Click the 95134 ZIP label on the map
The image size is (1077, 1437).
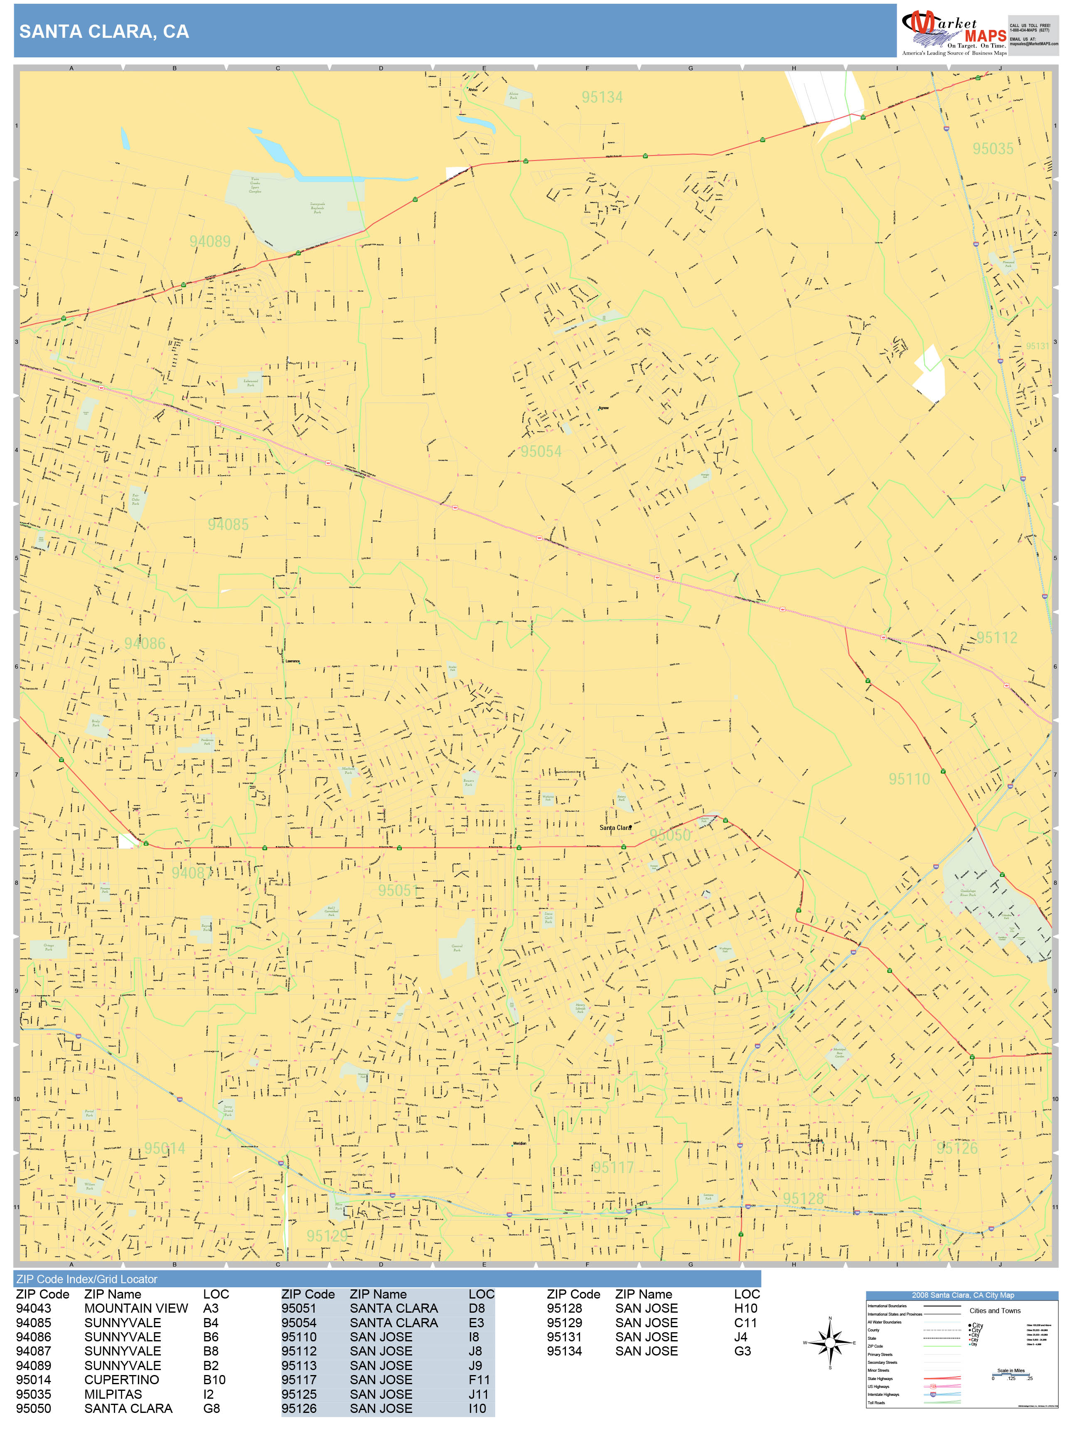(x=602, y=97)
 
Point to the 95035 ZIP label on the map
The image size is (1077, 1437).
(x=992, y=149)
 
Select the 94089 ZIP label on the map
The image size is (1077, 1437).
(x=210, y=242)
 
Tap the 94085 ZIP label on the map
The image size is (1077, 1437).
(x=228, y=524)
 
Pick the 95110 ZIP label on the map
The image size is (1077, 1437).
(x=908, y=779)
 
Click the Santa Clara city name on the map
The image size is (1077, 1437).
(x=614, y=827)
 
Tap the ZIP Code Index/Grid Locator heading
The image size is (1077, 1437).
(x=86, y=1279)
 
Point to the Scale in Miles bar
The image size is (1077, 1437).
(x=1011, y=1374)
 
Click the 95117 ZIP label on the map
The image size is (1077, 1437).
(x=613, y=1168)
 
